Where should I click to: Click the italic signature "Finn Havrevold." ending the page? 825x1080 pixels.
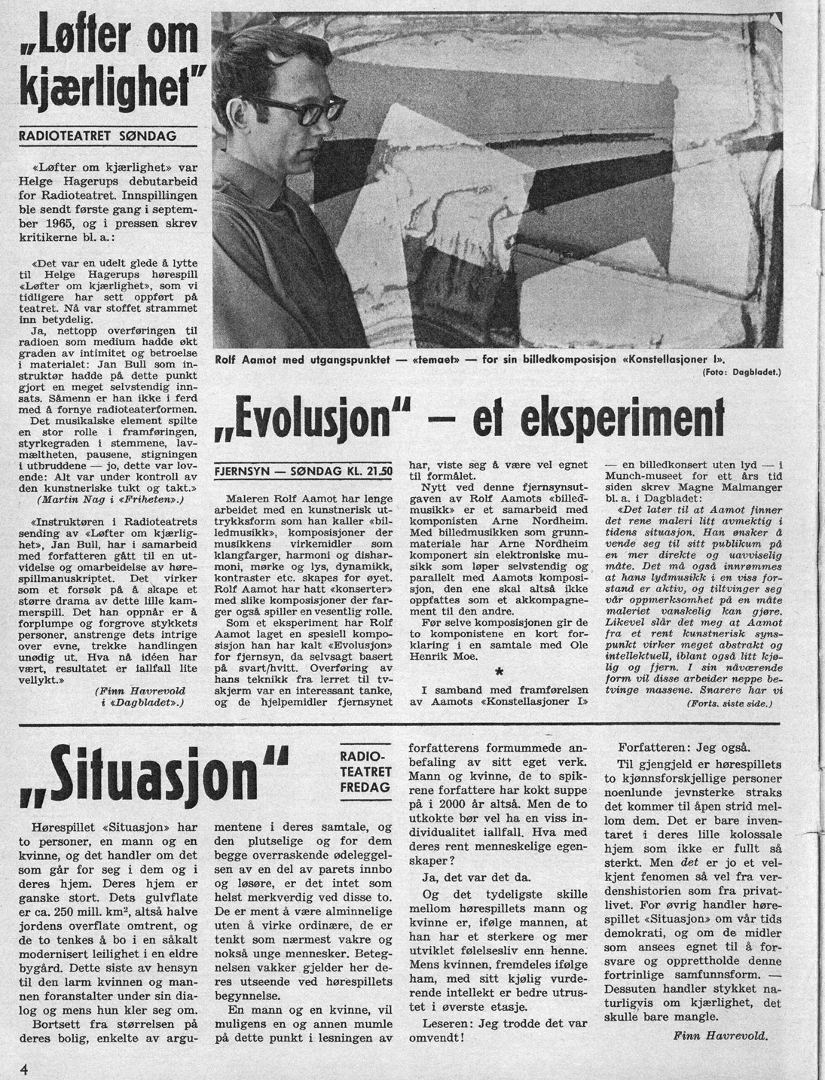point(720,1036)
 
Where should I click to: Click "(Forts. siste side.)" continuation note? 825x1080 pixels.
point(730,703)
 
